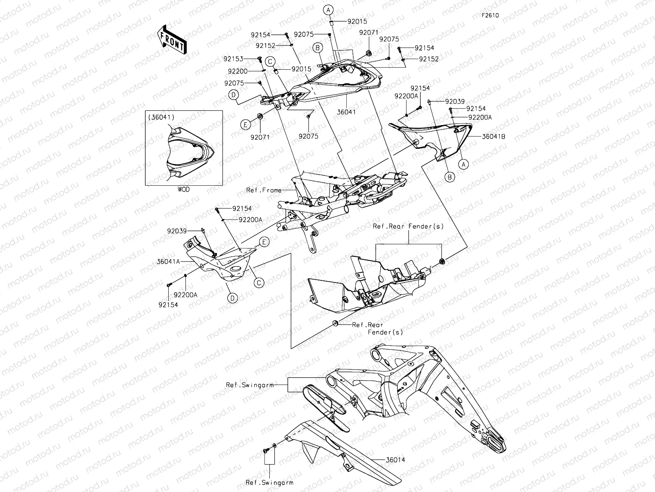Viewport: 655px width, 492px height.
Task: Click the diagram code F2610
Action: tap(490, 15)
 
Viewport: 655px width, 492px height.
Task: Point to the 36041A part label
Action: tap(169, 261)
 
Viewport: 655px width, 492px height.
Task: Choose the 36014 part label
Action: tap(395, 460)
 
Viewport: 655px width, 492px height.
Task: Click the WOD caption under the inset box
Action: tap(183, 189)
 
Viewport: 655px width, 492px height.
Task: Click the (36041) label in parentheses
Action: tap(162, 117)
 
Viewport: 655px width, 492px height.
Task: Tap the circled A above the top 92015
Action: tap(329, 9)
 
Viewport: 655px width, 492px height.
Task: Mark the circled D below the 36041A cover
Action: tap(232, 298)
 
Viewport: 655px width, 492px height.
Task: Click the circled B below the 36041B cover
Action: tap(450, 177)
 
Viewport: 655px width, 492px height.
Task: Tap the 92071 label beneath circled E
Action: tap(260, 137)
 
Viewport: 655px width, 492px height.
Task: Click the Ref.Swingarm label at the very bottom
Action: tap(270, 483)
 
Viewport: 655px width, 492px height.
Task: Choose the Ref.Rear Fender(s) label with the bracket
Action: tap(408, 226)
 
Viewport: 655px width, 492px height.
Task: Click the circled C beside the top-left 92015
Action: tap(270, 61)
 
